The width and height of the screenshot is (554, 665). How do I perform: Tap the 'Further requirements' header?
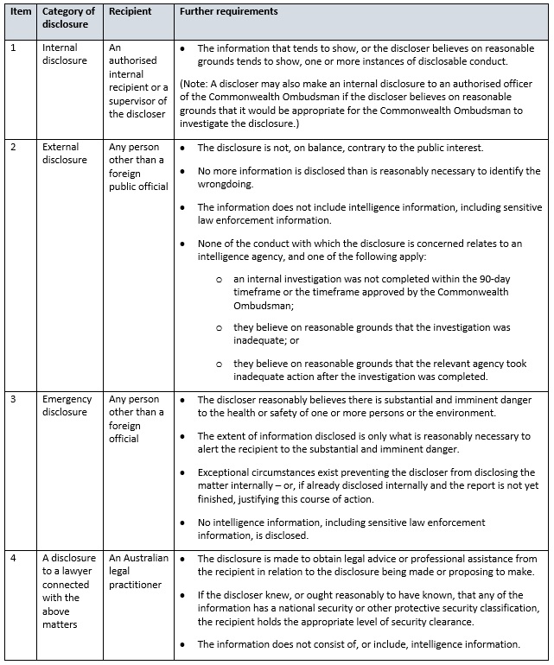coord(228,13)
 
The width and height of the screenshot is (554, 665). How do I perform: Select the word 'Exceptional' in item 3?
coord(226,472)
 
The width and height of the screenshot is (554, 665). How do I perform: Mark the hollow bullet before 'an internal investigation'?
coord(220,280)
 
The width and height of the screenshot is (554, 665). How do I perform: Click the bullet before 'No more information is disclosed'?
coord(182,172)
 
